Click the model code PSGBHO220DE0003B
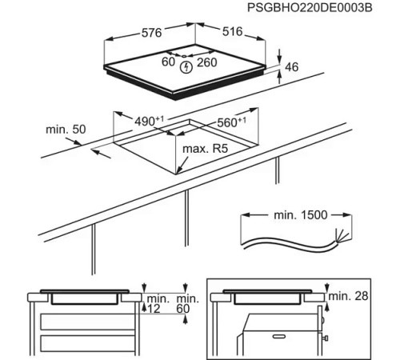(x=325, y=9)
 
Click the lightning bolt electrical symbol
(x=186, y=67)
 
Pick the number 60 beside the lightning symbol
(x=169, y=61)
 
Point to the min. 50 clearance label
(x=66, y=130)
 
